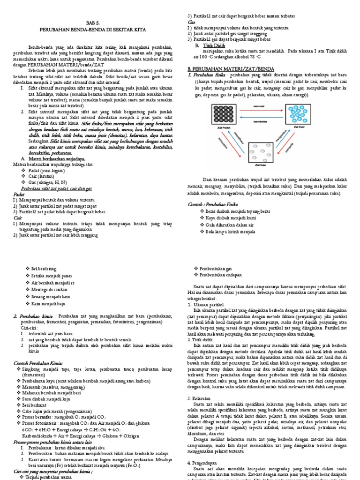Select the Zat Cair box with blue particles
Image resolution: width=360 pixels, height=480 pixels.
(299, 114)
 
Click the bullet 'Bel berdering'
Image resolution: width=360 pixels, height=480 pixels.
(43, 269)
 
